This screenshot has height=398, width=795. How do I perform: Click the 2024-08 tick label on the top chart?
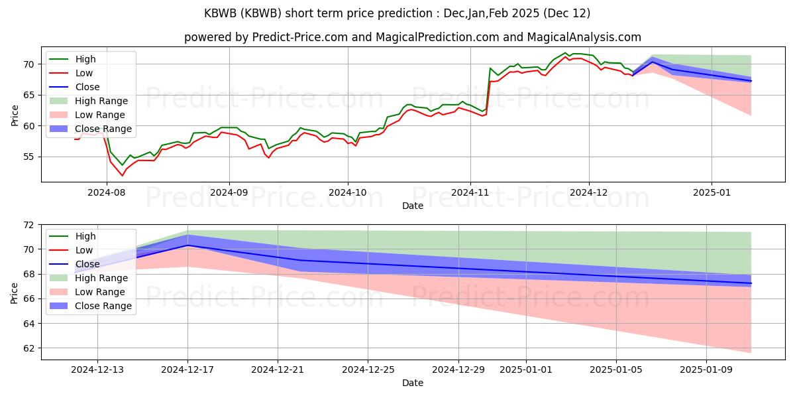(x=107, y=192)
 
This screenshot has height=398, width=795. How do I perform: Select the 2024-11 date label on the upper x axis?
(x=470, y=192)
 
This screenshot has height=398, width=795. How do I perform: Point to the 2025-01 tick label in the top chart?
(x=712, y=192)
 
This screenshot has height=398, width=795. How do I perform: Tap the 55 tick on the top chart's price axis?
(x=29, y=157)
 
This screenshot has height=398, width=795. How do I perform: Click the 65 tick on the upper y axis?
(x=29, y=96)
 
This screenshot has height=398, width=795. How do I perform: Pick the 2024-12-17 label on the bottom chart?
(x=187, y=370)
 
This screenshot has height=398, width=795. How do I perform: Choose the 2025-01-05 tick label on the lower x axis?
(x=616, y=370)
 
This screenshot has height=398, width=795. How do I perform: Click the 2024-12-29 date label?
(x=458, y=370)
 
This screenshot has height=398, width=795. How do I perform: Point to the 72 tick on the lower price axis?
(x=29, y=225)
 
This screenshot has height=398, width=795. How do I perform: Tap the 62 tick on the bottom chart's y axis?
(x=29, y=348)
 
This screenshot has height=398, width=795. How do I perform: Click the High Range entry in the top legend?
(x=88, y=101)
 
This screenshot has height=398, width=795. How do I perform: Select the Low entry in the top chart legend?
(x=71, y=73)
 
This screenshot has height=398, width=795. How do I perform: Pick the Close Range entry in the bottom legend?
(x=91, y=306)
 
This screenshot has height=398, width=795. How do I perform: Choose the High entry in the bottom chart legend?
(x=72, y=236)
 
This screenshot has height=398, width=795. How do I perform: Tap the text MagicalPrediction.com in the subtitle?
(x=437, y=37)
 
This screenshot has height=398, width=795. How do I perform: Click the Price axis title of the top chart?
(x=14, y=115)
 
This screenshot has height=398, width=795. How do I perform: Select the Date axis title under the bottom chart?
(x=412, y=383)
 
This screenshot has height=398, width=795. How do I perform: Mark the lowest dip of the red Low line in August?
(x=123, y=176)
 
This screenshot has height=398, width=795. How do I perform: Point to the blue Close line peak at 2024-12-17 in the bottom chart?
(x=187, y=245)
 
